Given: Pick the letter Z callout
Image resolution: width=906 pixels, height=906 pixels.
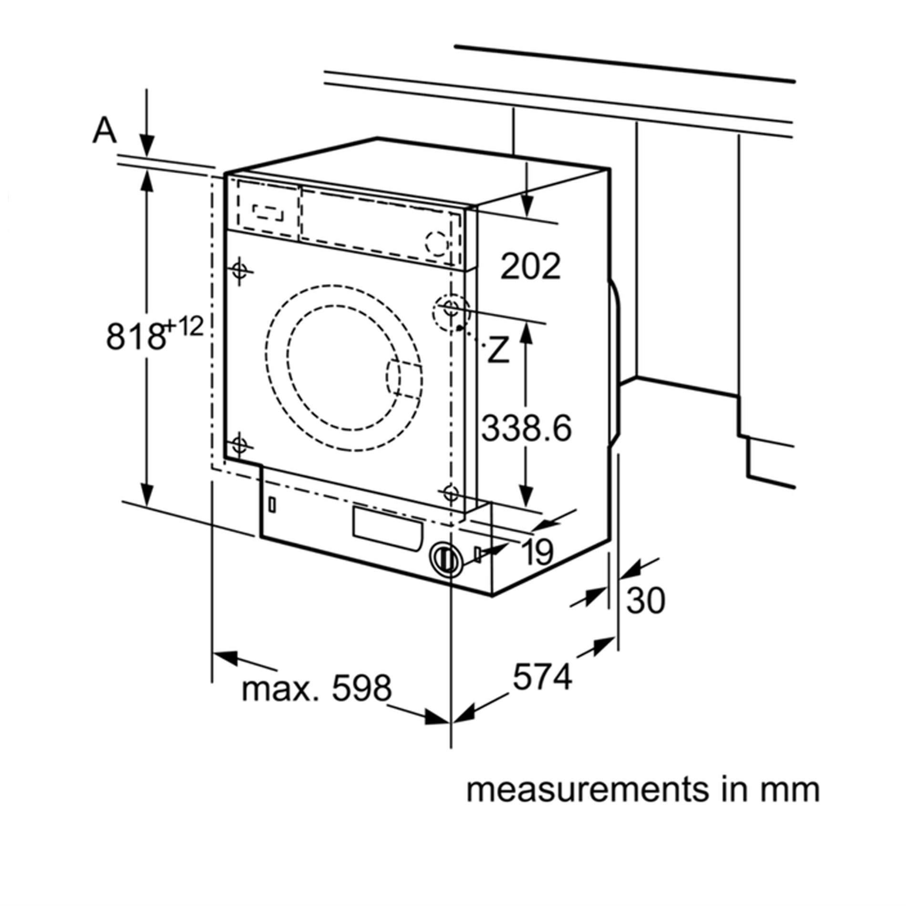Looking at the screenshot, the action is (497, 350).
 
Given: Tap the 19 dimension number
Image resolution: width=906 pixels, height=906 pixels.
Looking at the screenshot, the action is (537, 552).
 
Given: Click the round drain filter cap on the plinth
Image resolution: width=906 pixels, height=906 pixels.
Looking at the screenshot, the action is (444, 558).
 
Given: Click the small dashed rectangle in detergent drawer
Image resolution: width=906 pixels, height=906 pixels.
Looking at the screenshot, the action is (268, 213).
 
